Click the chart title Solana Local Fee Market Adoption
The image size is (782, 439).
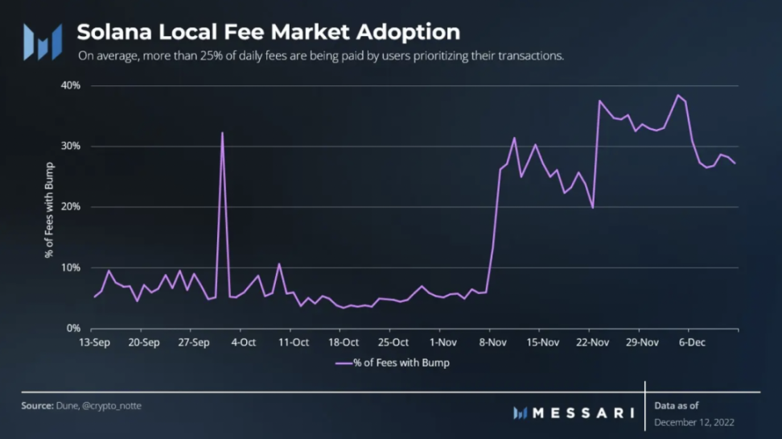pos(268,32)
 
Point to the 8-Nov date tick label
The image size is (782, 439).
pos(492,342)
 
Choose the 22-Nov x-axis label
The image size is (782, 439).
pos(593,342)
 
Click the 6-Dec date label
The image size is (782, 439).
pos(691,342)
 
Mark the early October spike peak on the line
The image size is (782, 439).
pos(222,133)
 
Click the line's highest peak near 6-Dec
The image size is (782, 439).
pos(678,95)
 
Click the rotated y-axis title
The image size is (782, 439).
pos(50,207)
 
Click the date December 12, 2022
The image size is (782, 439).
pos(694,422)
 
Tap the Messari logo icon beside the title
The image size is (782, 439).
pos(42,42)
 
